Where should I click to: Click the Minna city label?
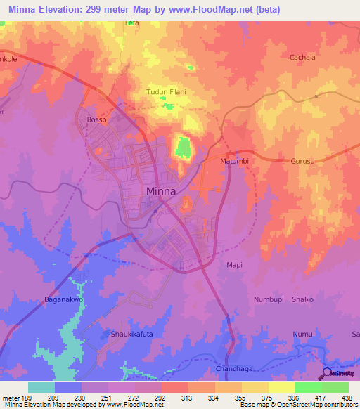click(x=161, y=191)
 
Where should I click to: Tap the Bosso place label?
click(x=96, y=120)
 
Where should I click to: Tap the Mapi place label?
click(x=234, y=265)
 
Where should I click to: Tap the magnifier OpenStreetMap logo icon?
click(x=327, y=373)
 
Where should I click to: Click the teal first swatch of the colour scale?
click(x=41, y=387)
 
